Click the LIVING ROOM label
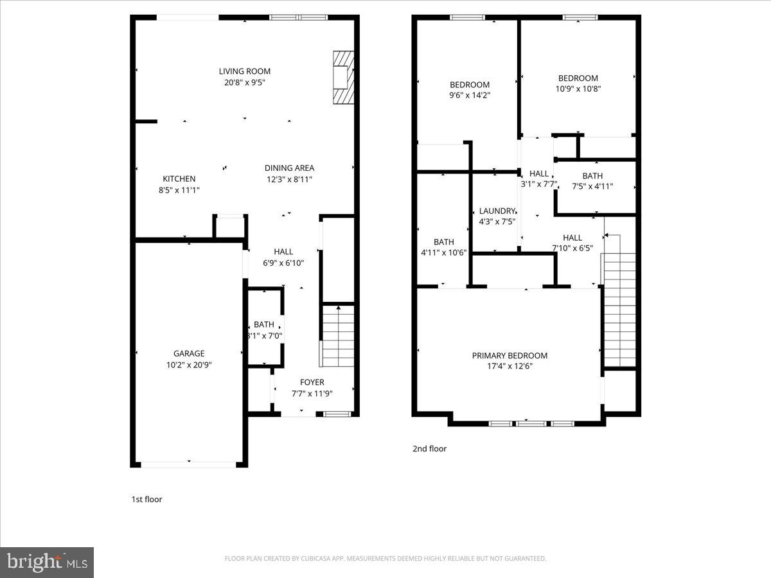point(244,71)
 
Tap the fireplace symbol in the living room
point(343,77)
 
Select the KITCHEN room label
point(179,179)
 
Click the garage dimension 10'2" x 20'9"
point(189,364)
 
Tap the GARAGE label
point(189,353)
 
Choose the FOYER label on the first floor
point(312,382)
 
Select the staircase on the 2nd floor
point(618,308)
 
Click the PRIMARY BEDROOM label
point(510,356)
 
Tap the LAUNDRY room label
point(497,211)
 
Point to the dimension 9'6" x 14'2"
point(469,95)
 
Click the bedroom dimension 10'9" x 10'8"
point(578,89)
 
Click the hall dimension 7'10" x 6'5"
point(572,248)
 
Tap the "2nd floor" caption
point(429,449)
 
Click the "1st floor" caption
point(146,499)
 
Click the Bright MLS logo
point(47,562)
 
